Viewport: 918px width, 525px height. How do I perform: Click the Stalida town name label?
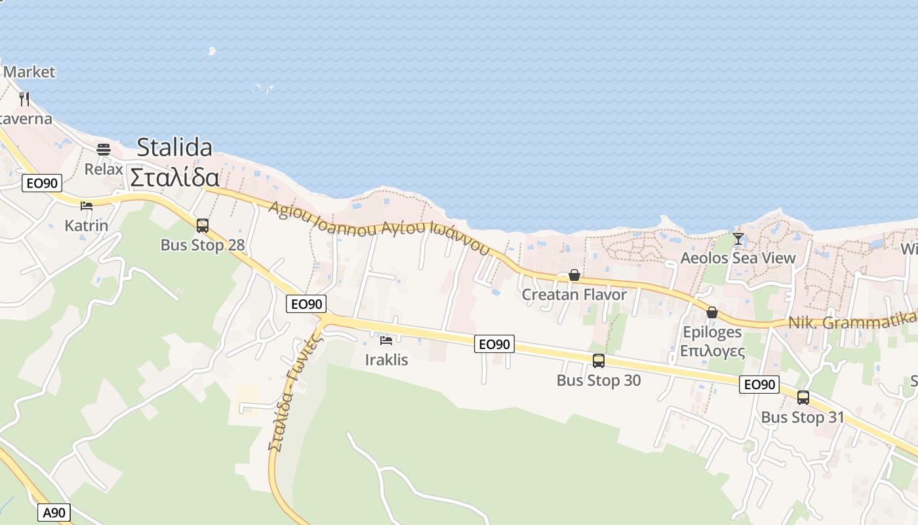coord(174,147)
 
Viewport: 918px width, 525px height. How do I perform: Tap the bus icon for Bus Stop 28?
coord(203,226)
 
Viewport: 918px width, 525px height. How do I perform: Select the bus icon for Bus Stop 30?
coord(599,361)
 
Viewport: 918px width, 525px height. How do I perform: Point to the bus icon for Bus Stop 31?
coord(803,398)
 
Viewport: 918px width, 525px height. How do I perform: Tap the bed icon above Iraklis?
coord(386,341)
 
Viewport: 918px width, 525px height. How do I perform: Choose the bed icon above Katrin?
coord(87,206)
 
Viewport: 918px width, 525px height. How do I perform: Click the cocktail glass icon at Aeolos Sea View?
coord(738,239)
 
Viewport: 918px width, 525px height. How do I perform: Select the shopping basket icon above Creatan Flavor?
coord(574,276)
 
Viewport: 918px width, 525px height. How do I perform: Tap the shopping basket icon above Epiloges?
coord(712,312)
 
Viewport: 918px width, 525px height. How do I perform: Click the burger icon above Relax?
coord(104,150)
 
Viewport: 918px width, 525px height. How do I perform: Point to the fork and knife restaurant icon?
coord(24,99)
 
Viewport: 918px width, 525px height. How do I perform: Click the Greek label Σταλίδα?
coord(174,177)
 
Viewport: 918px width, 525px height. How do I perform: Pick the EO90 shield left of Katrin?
coord(42,183)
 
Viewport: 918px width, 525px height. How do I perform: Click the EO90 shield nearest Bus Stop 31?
coord(759,385)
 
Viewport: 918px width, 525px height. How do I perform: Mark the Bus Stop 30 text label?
coord(599,381)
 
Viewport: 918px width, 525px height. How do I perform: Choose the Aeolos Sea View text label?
coord(738,258)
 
